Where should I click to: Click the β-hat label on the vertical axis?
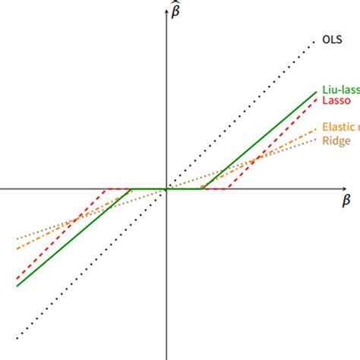(x=177, y=11)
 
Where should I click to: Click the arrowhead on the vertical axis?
(x=166, y=11)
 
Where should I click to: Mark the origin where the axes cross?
(x=166, y=188)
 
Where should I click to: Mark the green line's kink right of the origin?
(x=203, y=188)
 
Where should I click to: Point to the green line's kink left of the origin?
(x=131, y=188)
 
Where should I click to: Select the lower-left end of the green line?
(x=17, y=286)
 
